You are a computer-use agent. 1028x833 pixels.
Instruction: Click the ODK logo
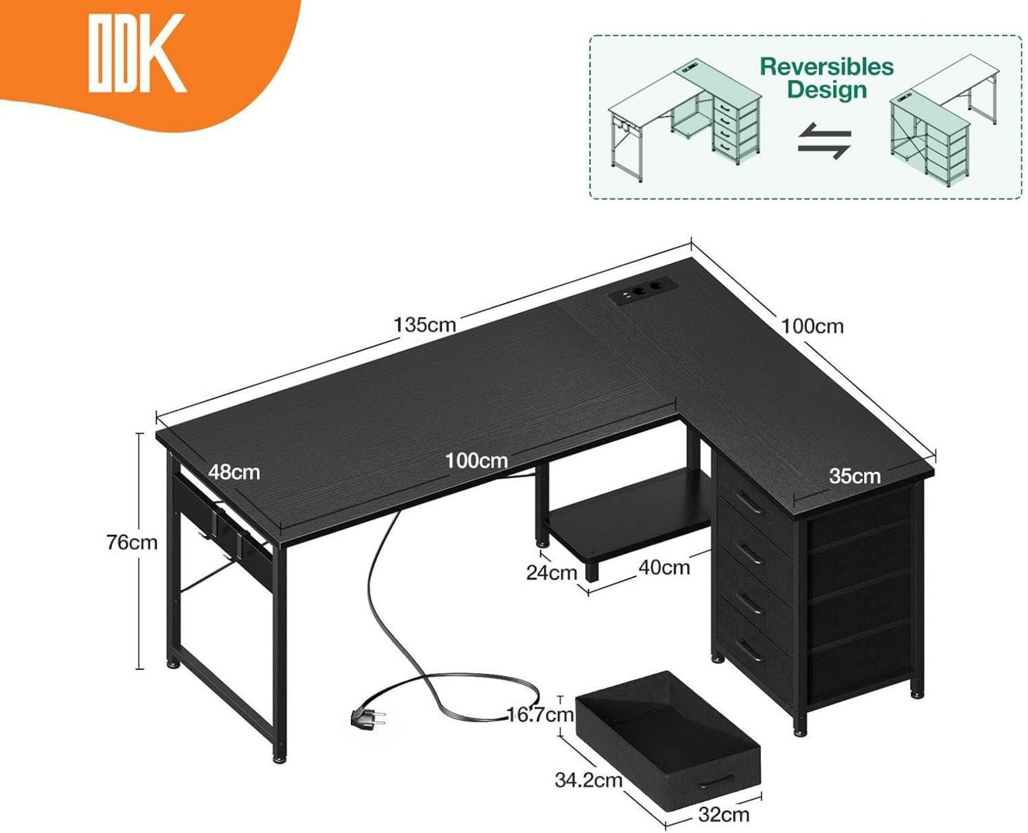point(137,53)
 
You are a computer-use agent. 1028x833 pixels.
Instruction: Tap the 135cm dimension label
point(425,325)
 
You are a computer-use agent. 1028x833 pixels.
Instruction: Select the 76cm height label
point(132,542)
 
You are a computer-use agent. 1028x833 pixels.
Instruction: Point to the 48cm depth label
point(234,472)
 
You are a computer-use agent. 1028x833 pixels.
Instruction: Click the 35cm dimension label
point(854,476)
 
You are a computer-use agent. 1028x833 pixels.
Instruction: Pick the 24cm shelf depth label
point(552,573)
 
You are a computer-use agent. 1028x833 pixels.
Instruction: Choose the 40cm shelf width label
point(664,568)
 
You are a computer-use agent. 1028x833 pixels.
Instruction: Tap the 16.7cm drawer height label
point(540,714)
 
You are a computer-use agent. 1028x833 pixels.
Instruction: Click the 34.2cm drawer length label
point(588,780)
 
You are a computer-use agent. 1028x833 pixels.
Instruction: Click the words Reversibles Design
point(827,78)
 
